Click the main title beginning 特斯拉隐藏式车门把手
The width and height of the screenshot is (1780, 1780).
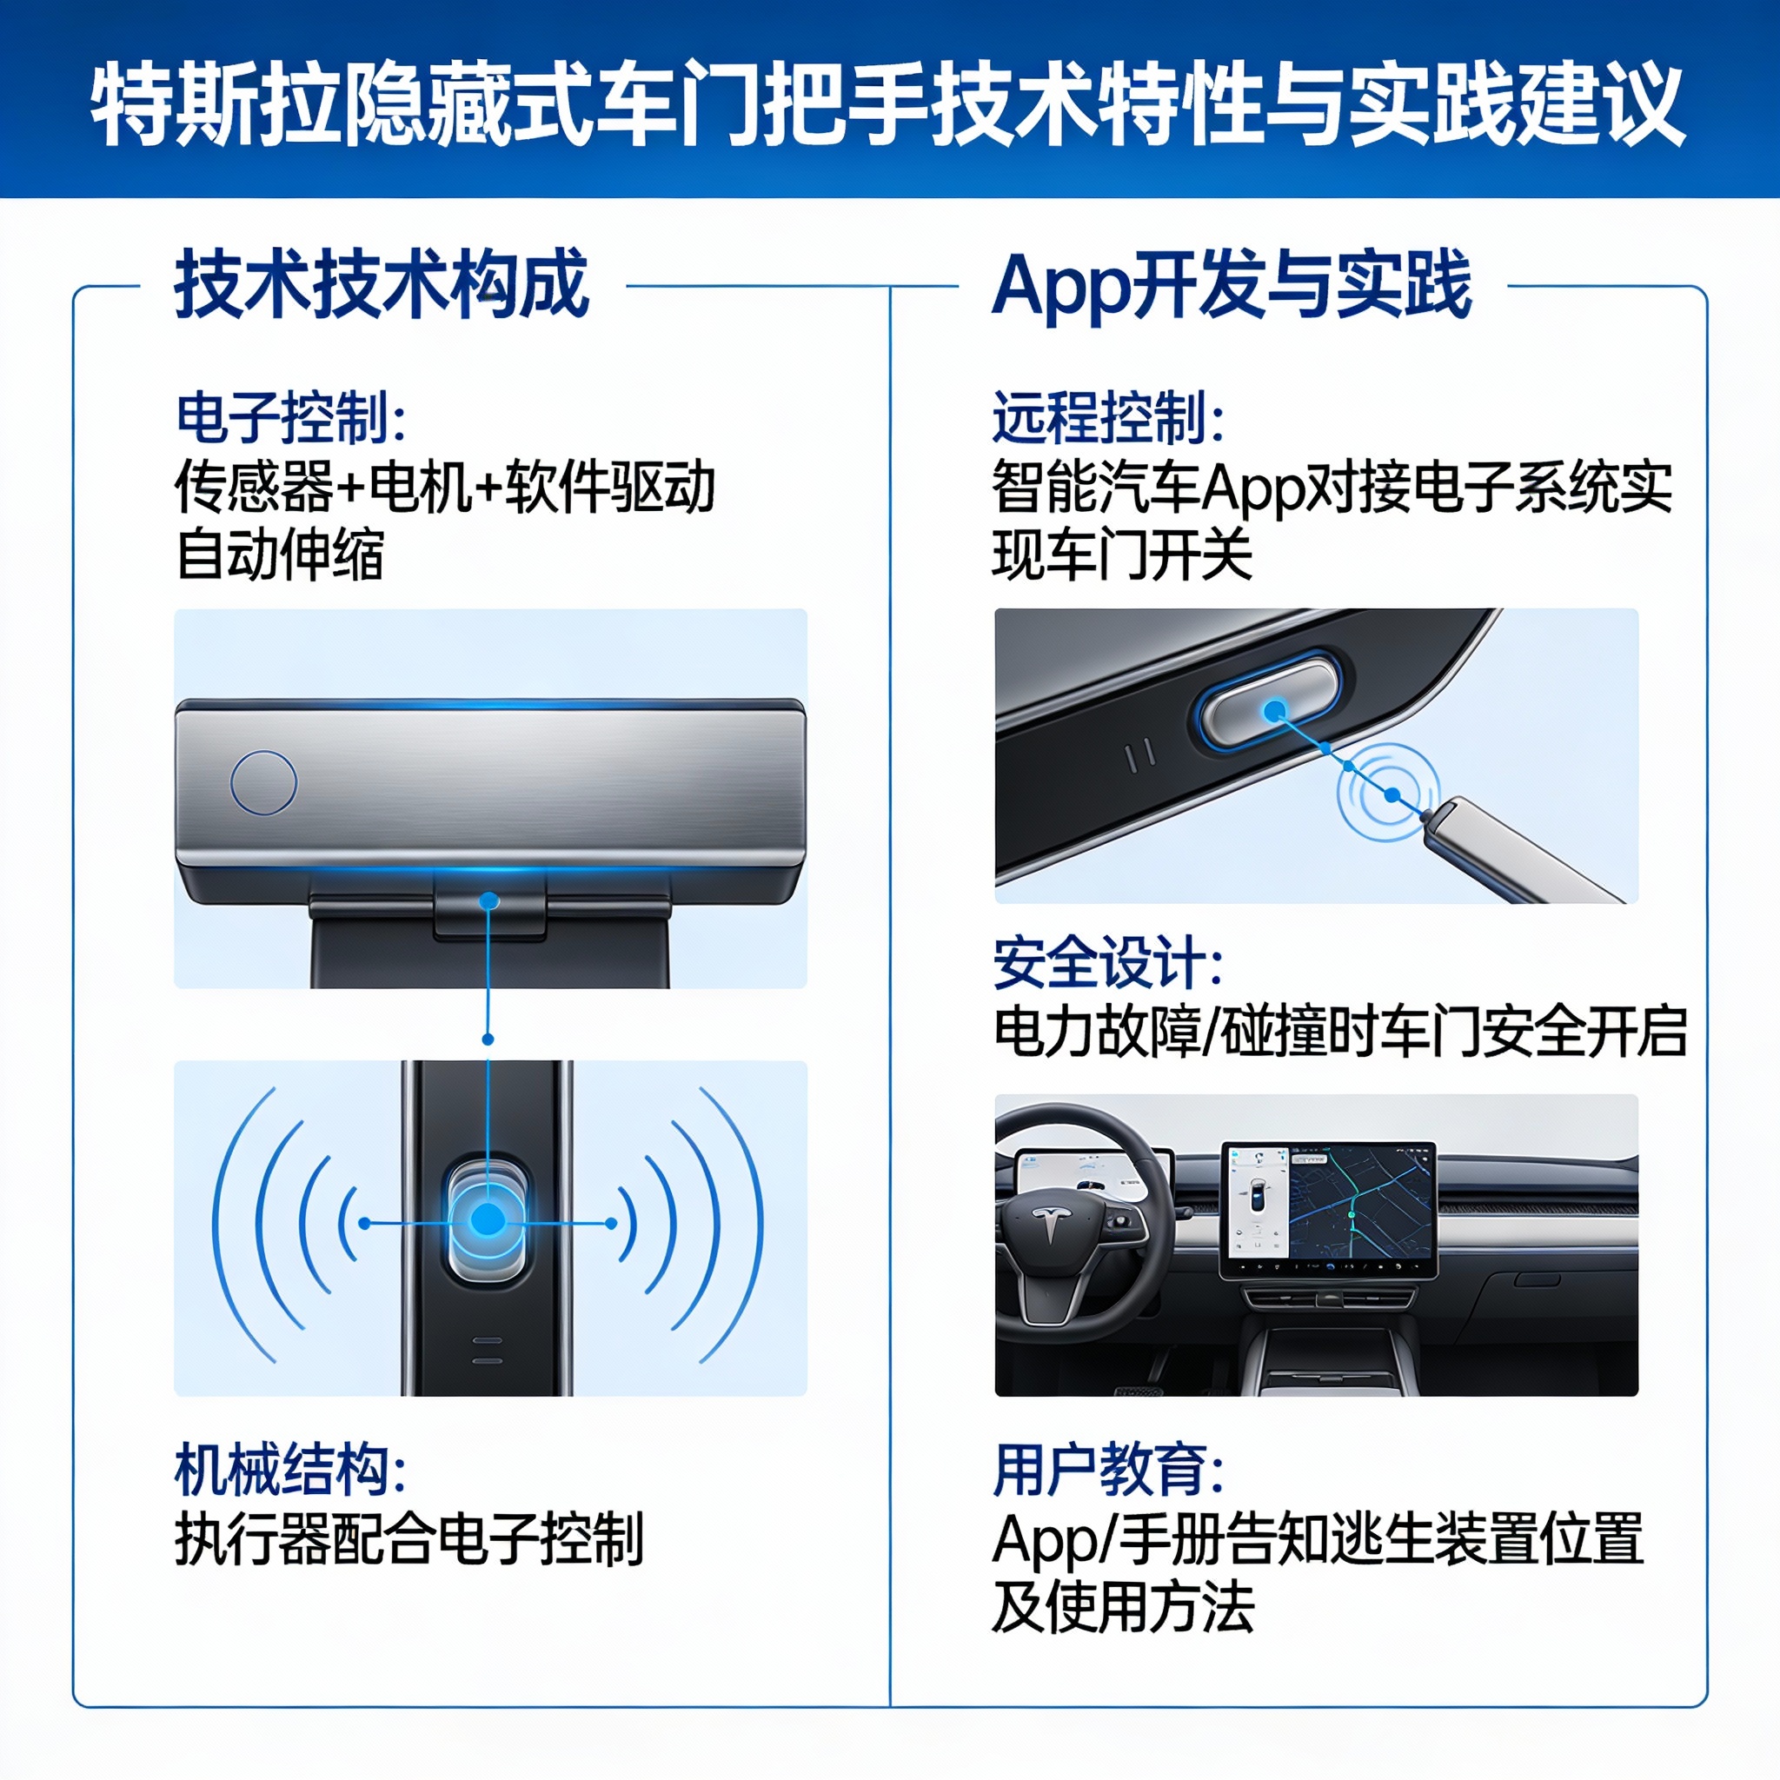[x=889, y=103]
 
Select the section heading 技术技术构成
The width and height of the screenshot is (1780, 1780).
[x=382, y=285]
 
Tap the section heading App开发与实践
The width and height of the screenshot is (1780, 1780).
[x=1232, y=285]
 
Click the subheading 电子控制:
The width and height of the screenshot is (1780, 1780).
[x=291, y=418]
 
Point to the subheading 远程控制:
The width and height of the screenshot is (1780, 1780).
[x=1108, y=418]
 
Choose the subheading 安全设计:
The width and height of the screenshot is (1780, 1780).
[x=1108, y=963]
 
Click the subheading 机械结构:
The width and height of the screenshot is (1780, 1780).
[x=291, y=1471]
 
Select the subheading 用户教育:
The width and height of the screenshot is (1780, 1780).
[x=1108, y=1471]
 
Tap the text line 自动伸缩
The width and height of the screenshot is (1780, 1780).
[x=279, y=555]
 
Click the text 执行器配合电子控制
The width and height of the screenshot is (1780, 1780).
[x=409, y=1539]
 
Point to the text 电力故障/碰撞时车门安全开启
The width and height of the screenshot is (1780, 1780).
[x=1339, y=1032]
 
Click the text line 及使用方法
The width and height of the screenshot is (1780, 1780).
[x=1122, y=1608]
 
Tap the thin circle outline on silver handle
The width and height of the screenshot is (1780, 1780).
[x=263, y=782]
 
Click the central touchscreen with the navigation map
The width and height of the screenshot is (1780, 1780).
[x=1329, y=1210]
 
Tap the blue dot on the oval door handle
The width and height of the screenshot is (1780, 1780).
[x=1275, y=710]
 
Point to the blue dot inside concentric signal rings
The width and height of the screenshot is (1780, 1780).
[x=1392, y=794]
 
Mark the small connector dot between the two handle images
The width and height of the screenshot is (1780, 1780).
[x=488, y=1039]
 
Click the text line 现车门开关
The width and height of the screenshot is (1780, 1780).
[x=1122, y=555]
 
